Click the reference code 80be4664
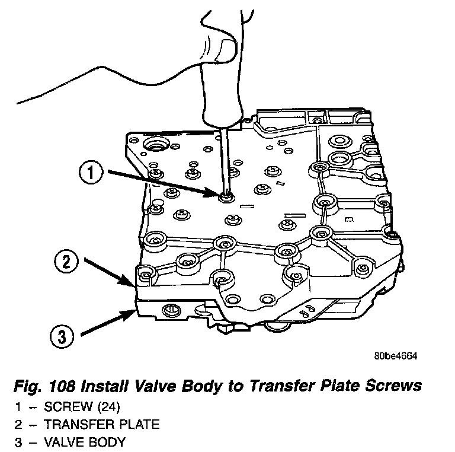396,356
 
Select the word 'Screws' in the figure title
394,386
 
